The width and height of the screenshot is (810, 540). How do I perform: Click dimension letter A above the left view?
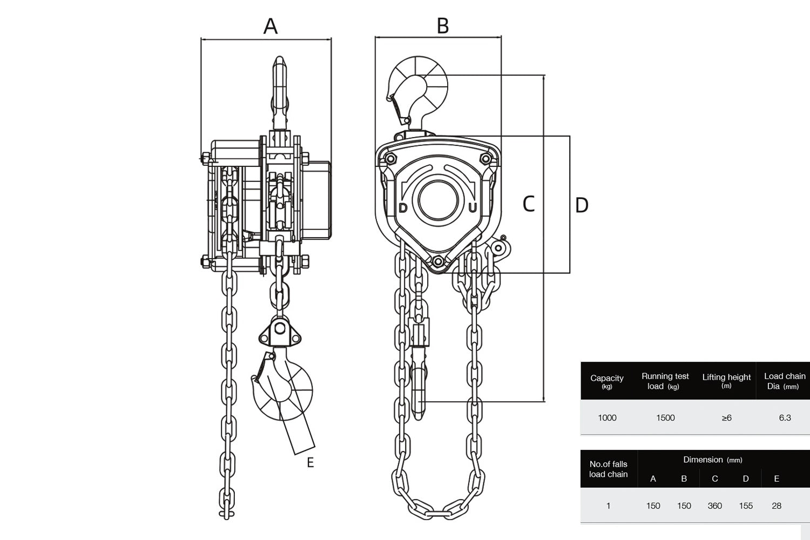(x=270, y=25)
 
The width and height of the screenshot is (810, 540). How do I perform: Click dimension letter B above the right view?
(x=443, y=25)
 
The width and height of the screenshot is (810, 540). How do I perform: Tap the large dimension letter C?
(x=529, y=204)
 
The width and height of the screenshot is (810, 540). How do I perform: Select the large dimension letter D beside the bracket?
(x=582, y=205)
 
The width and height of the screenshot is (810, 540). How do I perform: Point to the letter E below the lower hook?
(x=310, y=463)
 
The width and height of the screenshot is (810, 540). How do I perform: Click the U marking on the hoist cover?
(x=473, y=208)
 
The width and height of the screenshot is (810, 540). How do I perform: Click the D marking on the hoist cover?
(x=403, y=208)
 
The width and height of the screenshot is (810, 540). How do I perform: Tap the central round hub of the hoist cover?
(x=437, y=199)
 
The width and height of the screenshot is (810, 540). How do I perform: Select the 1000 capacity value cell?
(x=607, y=417)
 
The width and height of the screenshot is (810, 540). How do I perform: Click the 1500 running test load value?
(x=665, y=417)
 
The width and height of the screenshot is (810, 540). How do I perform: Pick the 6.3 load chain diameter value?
(x=785, y=417)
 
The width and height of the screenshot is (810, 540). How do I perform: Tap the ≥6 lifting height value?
(x=726, y=417)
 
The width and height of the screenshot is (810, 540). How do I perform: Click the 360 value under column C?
(x=714, y=506)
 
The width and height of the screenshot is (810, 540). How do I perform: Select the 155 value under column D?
(x=746, y=506)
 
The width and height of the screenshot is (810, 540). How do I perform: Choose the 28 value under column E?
(x=777, y=506)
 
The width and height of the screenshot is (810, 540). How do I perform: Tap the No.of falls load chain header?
(x=609, y=469)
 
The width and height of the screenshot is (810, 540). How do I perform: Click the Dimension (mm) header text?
(x=712, y=460)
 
